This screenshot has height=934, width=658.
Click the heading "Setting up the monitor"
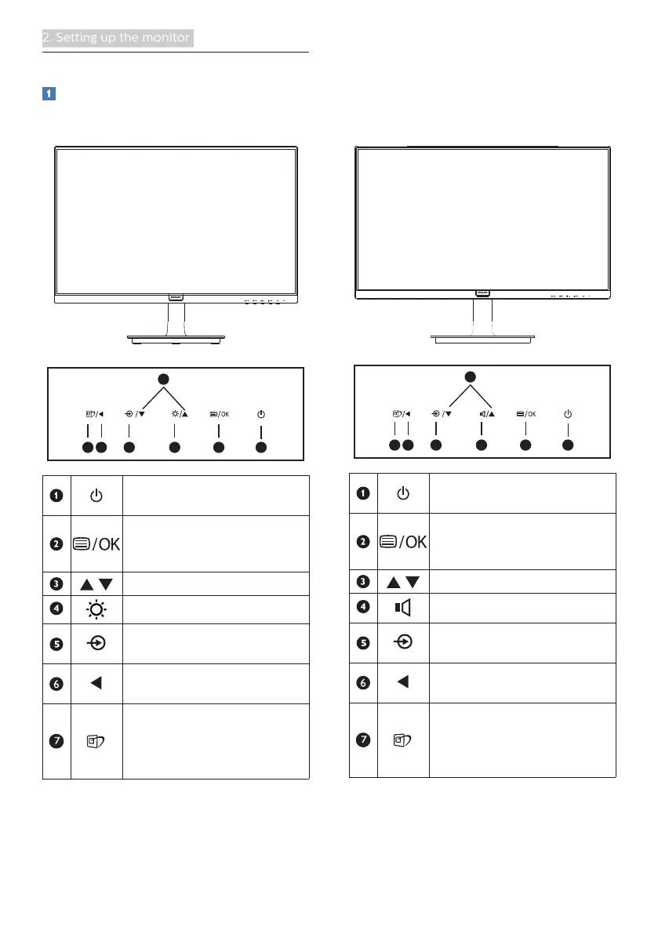point(118,38)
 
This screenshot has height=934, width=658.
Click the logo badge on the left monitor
point(175,298)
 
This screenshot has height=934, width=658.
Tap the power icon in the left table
point(96,496)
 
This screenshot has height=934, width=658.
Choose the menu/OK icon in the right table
point(403,541)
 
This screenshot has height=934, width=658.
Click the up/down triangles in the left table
point(96,584)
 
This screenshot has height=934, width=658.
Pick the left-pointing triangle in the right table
point(403,681)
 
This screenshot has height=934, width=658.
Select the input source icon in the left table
point(96,640)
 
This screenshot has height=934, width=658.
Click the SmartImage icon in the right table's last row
point(403,739)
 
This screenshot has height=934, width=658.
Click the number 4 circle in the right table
point(362,606)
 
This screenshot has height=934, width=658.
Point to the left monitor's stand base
point(176,338)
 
